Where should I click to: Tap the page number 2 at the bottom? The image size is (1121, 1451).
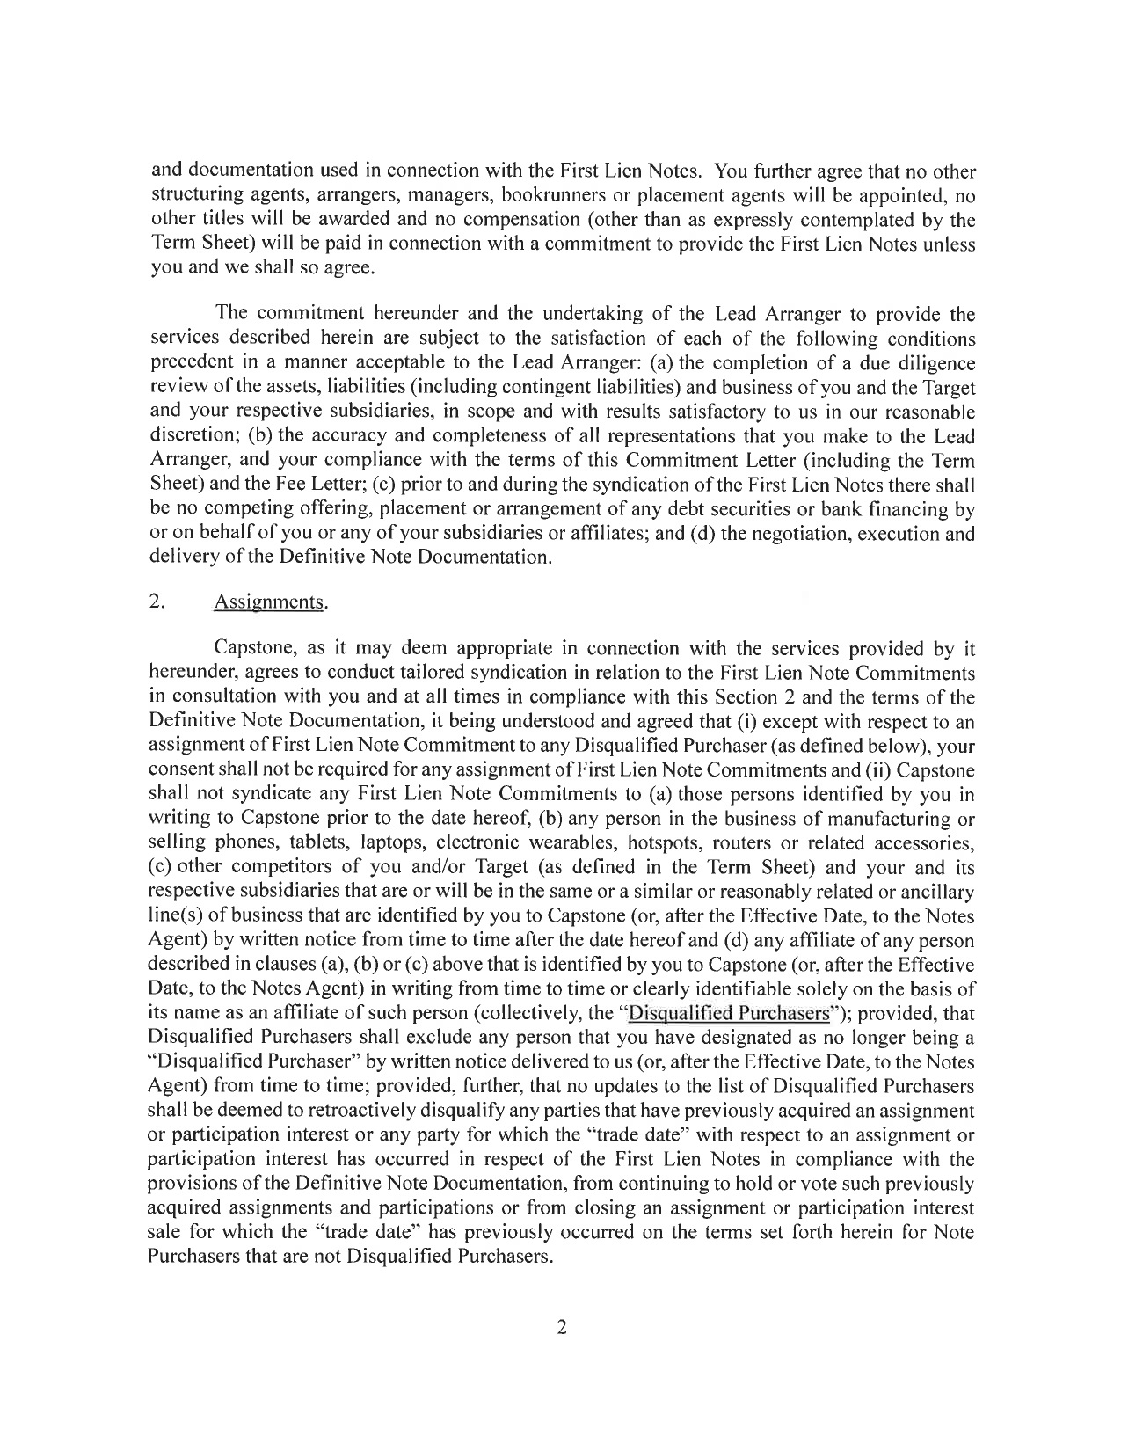tap(561, 1328)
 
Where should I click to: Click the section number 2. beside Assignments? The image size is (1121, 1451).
tap(158, 602)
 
